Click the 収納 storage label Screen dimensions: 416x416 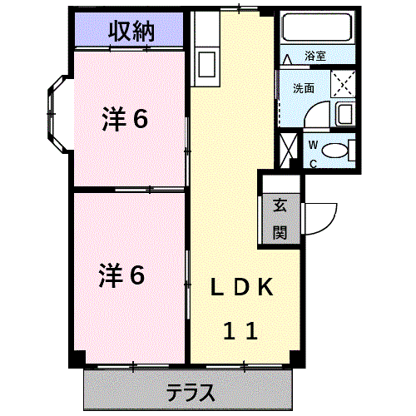coord(130,32)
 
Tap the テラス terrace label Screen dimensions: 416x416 coord(191,391)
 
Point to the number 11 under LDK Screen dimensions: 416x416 coord(240,331)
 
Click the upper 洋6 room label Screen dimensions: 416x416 coord(125,120)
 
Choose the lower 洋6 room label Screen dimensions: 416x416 coord(124,274)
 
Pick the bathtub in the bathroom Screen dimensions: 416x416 coord(316,29)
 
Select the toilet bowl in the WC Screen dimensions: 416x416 coord(335,151)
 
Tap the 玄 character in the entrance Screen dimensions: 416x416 coord(280,206)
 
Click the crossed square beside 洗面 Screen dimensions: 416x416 coord(343,86)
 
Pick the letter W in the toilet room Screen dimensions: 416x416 coord(314,145)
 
